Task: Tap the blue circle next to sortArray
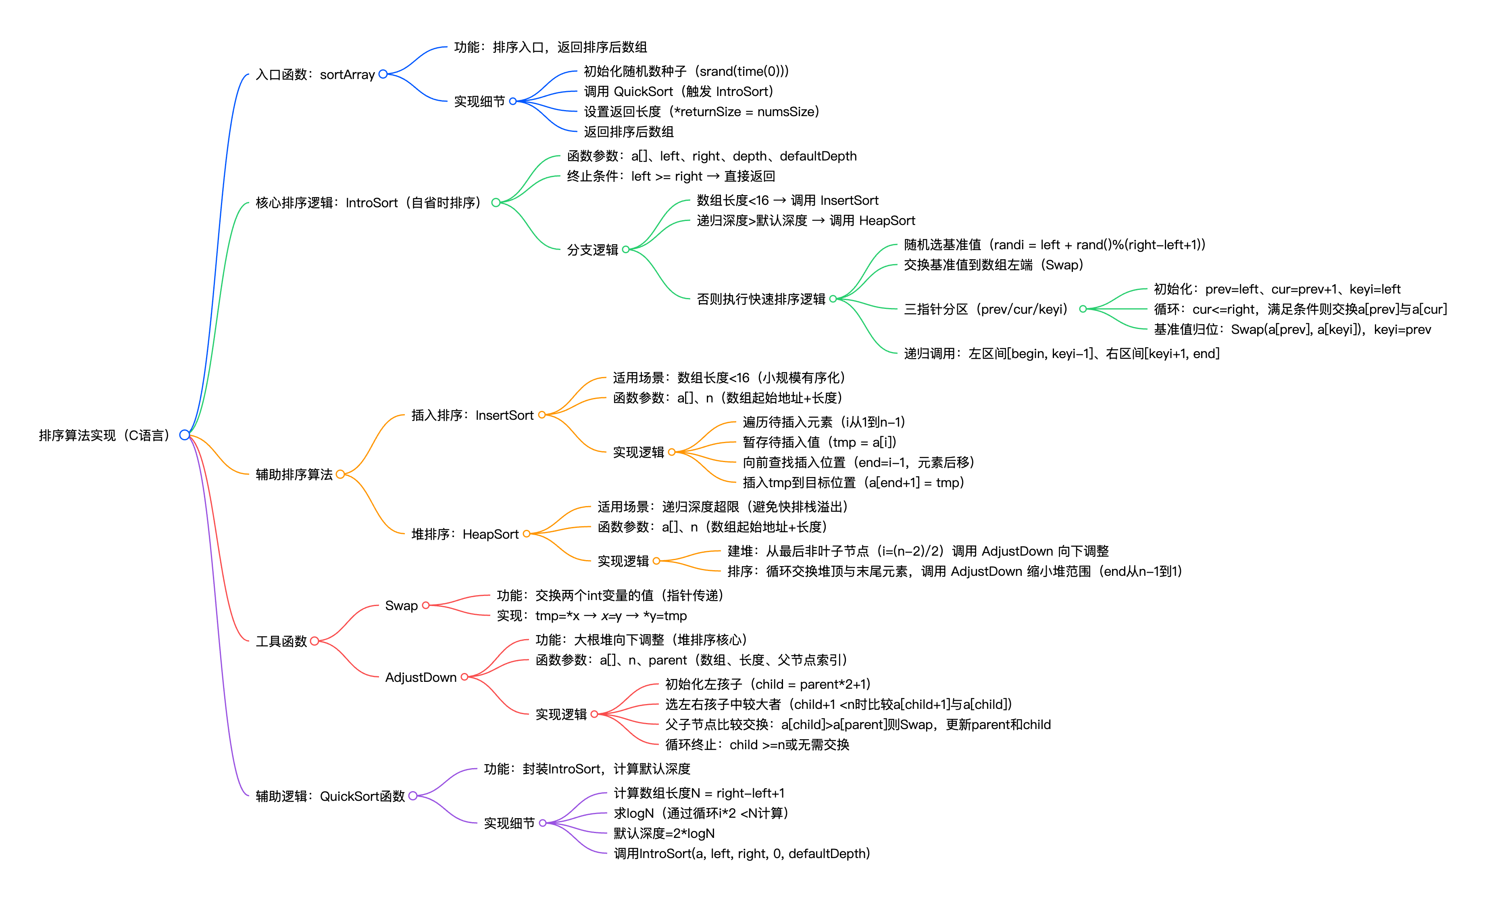click(x=383, y=74)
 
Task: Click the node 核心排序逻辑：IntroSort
click(x=368, y=203)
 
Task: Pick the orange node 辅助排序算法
click(x=294, y=475)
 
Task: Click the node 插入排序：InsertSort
click(x=472, y=415)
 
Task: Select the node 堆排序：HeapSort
click(x=464, y=534)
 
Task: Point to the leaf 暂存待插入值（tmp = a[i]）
click(x=819, y=442)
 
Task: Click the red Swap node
click(x=401, y=605)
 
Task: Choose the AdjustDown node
click(x=421, y=677)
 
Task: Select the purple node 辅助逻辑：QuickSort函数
click(x=330, y=796)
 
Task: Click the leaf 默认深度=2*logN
click(x=664, y=833)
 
